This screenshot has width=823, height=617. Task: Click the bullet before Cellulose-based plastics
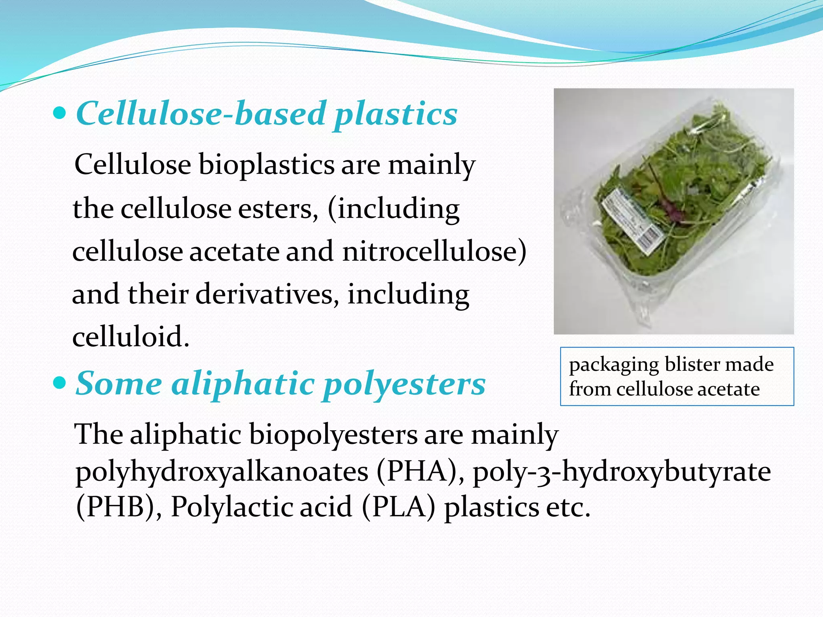tap(59, 114)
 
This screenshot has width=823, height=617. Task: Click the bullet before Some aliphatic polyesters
tap(59, 384)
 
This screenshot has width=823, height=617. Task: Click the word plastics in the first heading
tap(396, 114)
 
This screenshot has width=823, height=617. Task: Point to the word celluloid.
tap(131, 337)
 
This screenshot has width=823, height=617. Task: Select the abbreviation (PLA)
tap(398, 507)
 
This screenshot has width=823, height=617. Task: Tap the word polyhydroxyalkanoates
tap(222, 471)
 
